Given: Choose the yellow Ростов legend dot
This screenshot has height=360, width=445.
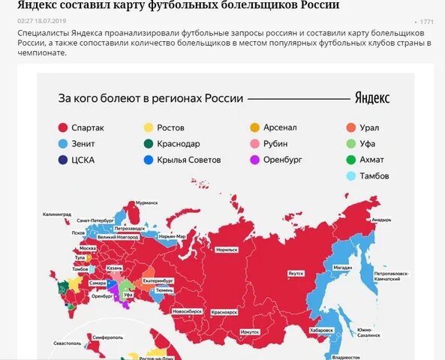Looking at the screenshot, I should pos(149,127).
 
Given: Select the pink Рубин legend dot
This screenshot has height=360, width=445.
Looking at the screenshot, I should pos(255,143).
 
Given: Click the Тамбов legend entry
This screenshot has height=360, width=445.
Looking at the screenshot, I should pos(370,176).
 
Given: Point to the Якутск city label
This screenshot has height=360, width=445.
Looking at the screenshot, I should pos(295,274).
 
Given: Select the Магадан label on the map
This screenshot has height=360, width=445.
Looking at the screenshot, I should pos(342,266).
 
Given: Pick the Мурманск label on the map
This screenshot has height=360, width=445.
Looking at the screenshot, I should pos(146,202).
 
